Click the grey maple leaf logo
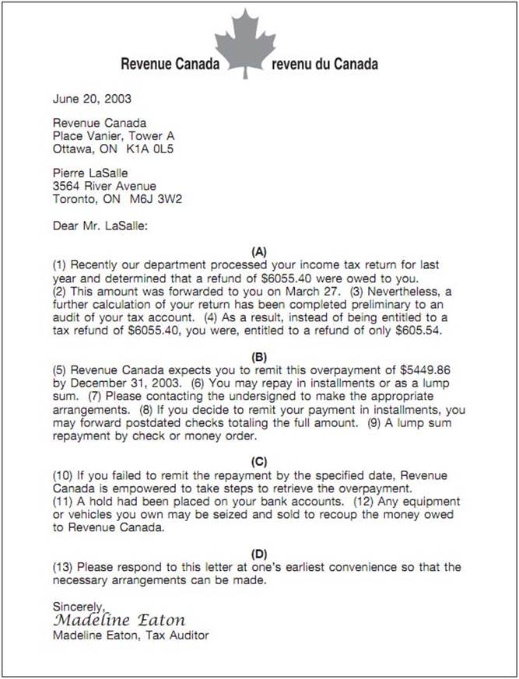pyautogui.click(x=245, y=43)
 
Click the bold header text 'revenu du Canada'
pyautogui.click(x=325, y=64)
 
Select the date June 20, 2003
pyautogui.click(x=92, y=99)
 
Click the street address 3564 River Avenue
pyautogui.click(x=104, y=186)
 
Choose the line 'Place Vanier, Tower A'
pyautogui.click(x=114, y=135)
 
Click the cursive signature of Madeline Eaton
pyautogui.click(x=119, y=620)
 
